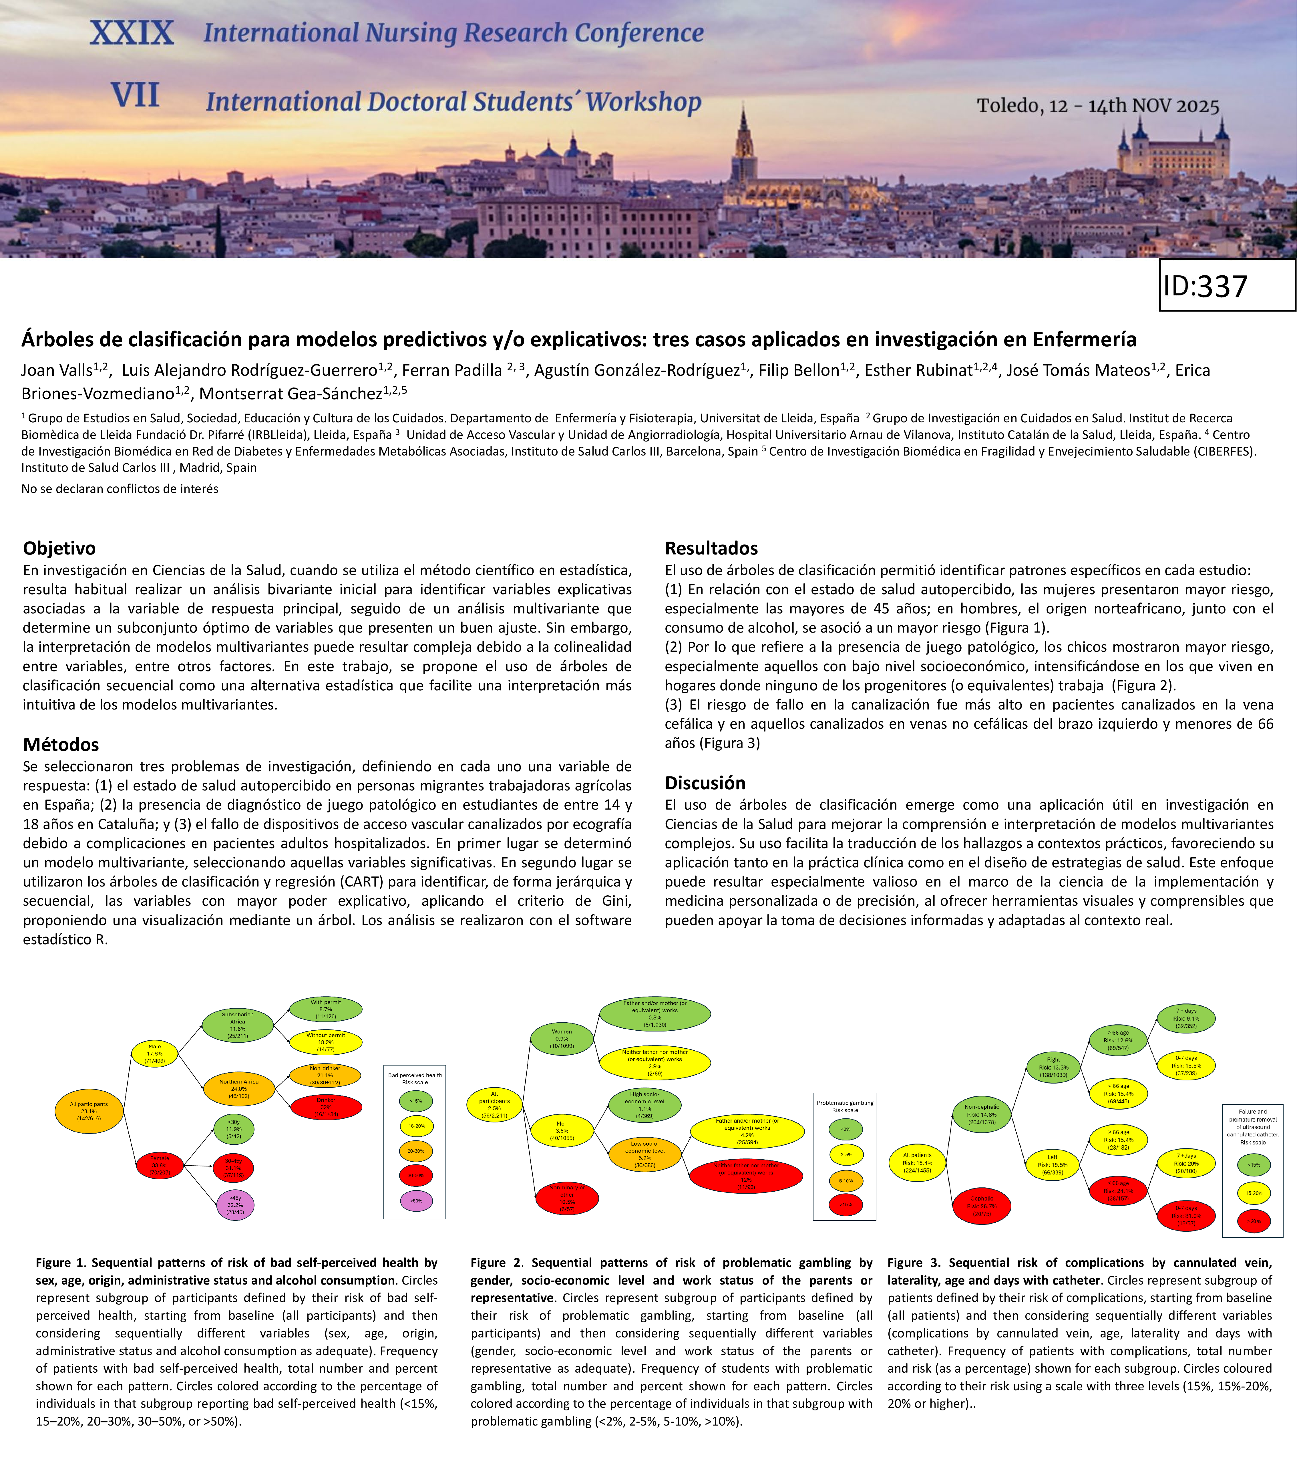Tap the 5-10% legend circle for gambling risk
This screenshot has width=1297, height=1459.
click(845, 1181)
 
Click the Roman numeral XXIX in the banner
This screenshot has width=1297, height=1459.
click(132, 33)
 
